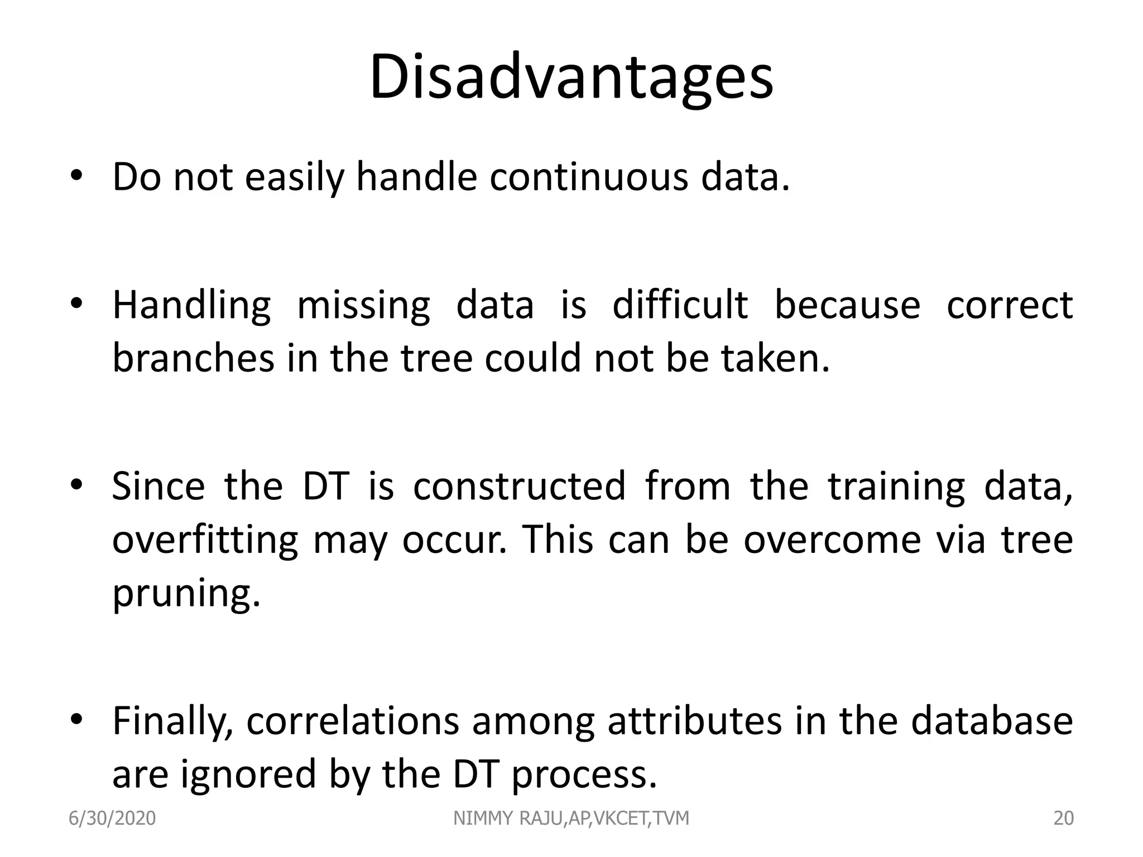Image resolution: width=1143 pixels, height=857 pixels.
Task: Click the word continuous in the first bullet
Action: tap(589, 177)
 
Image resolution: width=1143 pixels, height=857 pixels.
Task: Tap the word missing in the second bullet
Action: tap(363, 306)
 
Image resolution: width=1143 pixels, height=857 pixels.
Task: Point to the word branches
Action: tap(193, 358)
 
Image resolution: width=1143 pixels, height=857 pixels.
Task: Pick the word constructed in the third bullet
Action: tap(519, 486)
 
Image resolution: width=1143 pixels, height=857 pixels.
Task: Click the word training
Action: tap(896, 487)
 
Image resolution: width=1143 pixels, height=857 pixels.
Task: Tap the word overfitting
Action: tap(205, 540)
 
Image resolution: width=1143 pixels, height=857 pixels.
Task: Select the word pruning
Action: tap(186, 594)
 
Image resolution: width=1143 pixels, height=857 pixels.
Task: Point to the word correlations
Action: tap(352, 721)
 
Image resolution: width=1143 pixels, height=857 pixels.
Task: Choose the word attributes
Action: tap(694, 721)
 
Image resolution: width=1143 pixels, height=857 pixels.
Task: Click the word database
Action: tap(992, 721)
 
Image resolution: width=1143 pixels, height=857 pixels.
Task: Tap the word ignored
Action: tap(248, 774)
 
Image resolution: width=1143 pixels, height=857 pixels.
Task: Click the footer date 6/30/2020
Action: tap(112, 819)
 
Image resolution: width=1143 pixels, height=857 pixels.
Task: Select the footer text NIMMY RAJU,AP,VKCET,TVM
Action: tap(571, 819)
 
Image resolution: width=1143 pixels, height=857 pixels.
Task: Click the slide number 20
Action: tap(1063, 819)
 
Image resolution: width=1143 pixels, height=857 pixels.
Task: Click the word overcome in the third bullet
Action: tap(832, 540)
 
